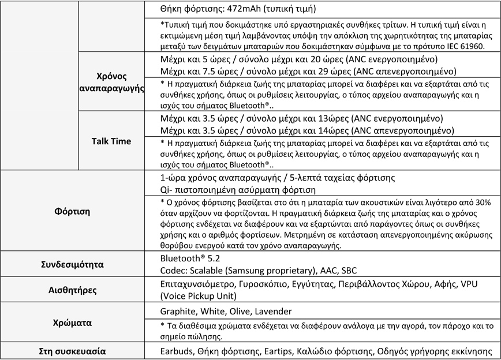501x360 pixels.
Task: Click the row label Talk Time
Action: coord(111,141)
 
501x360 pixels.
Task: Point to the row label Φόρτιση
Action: coord(73,211)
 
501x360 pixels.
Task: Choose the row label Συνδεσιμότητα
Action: coord(73,265)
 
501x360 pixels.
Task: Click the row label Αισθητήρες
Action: coord(73,291)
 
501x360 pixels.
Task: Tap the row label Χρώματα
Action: coord(73,323)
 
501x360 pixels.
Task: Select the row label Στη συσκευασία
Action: coord(73,351)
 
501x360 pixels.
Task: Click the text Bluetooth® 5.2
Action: coord(191,260)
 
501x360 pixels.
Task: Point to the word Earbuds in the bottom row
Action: coord(176,351)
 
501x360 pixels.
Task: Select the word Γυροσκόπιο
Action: coord(269,284)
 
